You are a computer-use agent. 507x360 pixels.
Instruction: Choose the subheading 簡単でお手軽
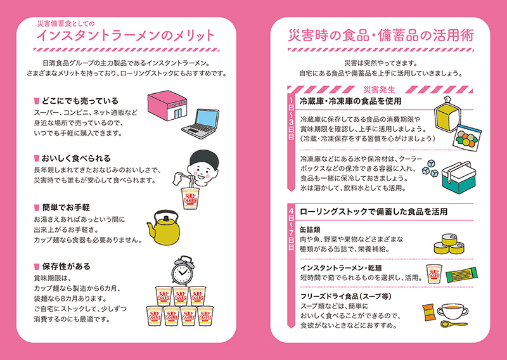67,207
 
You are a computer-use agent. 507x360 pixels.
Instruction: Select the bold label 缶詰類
312,229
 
